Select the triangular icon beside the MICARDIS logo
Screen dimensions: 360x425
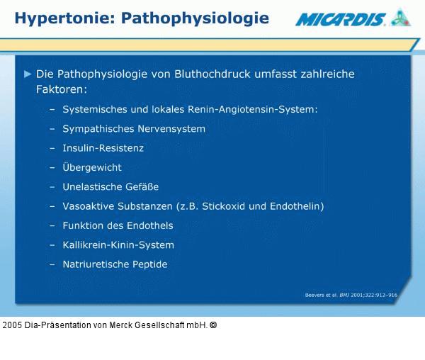tap(400, 17)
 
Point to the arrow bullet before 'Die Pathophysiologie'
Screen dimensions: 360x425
tap(28, 74)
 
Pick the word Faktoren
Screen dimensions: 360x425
tap(61, 90)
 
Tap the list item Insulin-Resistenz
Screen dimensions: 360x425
tap(103, 148)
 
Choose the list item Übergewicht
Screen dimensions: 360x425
tap(92, 167)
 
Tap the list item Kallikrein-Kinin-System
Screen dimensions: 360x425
tap(118, 245)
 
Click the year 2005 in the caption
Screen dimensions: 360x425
tap(11, 325)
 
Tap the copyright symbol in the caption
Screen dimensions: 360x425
tap(213, 325)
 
